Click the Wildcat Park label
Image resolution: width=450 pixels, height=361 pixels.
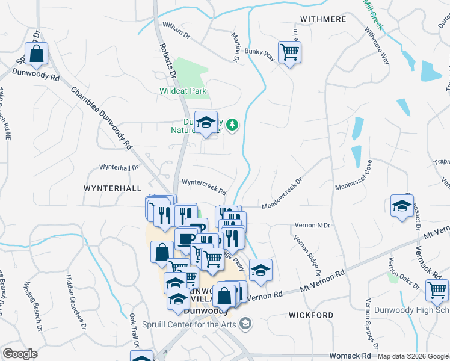183,91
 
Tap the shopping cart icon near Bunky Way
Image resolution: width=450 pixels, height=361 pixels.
289,52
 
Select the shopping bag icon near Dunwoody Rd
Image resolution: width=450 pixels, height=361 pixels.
37,54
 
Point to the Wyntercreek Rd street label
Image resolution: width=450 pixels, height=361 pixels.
204,187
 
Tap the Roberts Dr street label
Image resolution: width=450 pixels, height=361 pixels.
167,60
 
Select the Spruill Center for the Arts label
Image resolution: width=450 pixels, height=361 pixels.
190,324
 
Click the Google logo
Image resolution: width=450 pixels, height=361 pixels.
20,354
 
